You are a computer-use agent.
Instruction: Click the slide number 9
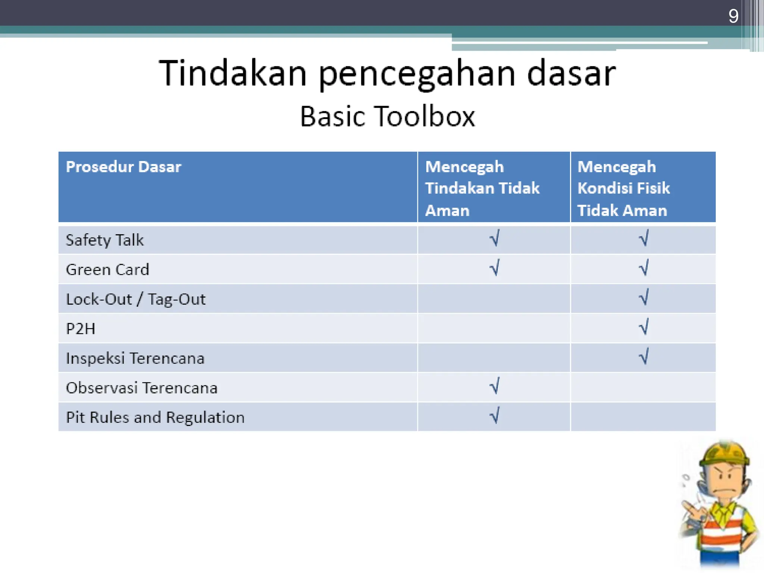pos(733,16)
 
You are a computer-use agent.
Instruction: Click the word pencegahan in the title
pos(416,74)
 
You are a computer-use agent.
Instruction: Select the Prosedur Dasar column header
pos(123,167)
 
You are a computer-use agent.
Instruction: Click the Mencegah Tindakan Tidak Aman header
pos(482,188)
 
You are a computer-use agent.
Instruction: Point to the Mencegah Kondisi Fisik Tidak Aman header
pos(623,188)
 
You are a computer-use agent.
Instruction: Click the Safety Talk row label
pos(104,240)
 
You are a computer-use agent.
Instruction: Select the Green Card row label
pos(107,269)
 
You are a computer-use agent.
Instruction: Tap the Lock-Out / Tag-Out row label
pos(135,299)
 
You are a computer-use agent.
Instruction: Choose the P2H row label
pos(81,329)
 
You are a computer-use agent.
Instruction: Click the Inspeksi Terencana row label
pos(135,358)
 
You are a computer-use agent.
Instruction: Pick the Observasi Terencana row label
pos(141,388)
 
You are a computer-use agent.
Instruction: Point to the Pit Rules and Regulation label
pos(155,417)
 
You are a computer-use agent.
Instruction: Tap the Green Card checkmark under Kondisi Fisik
pos(644,268)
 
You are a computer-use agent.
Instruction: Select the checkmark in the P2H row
pos(644,327)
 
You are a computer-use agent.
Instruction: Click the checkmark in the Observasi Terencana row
pos(495,386)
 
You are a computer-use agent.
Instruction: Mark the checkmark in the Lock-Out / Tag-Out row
pos(644,297)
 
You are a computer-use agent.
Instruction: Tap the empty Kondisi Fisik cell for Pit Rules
pos(643,417)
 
